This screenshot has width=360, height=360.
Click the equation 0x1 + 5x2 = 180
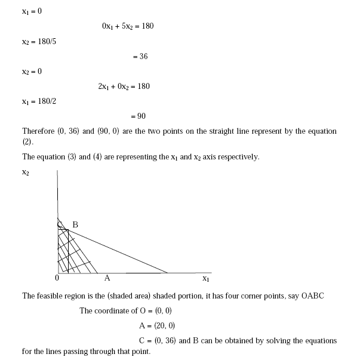128,27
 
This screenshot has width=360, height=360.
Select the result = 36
140,57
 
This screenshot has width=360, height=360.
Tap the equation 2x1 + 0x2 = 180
124,87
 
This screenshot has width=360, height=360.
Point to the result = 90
138,116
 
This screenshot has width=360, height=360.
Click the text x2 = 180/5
39,42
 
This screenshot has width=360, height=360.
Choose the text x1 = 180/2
39,101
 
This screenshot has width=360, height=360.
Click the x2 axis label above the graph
26,173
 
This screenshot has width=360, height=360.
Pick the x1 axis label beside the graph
206,279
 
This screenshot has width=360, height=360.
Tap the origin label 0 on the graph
57,278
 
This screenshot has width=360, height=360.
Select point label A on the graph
107,278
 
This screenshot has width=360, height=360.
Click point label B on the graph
75,225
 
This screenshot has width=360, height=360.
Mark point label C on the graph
60,225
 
